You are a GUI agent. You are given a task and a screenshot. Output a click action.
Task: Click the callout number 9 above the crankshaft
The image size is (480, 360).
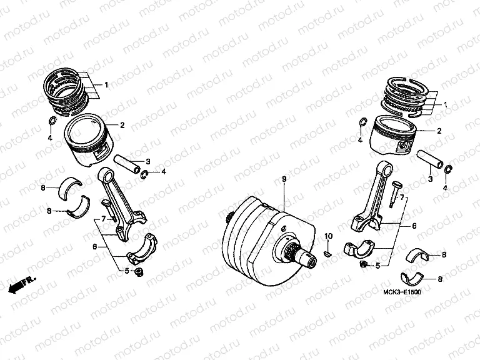pyautogui.click(x=284, y=179)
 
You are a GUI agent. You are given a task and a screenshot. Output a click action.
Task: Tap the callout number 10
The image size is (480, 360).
pyautogui.click(x=326, y=236)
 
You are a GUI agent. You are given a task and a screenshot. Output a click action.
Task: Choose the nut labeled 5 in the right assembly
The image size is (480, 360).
pyautogui.click(x=362, y=265)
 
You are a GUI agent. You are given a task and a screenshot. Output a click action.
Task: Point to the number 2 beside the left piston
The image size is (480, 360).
pyautogui.click(x=122, y=126)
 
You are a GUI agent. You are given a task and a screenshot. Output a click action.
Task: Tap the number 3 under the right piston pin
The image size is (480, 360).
pyautogui.click(x=431, y=179)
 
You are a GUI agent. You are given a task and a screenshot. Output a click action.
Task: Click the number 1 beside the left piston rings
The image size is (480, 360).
pyautogui.click(x=106, y=84)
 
